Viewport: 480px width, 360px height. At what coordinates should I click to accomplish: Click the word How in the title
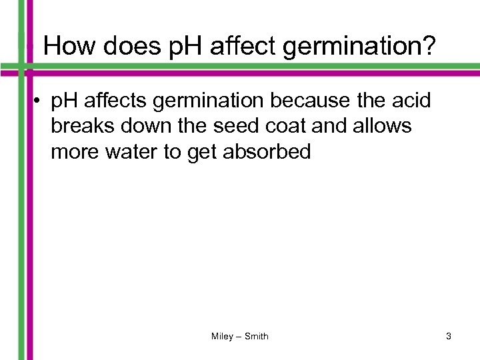(x=69, y=47)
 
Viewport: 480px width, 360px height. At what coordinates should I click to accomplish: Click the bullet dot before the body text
(x=41, y=102)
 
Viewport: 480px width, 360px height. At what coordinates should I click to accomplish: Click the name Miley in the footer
(x=222, y=337)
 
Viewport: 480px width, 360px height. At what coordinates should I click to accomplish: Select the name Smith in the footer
(x=257, y=337)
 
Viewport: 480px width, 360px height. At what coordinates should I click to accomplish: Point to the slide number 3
(x=449, y=337)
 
